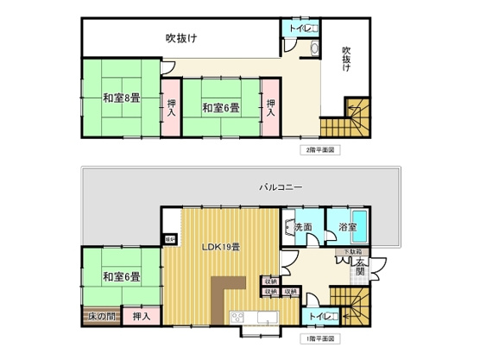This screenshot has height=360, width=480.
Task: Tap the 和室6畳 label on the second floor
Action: coord(221,108)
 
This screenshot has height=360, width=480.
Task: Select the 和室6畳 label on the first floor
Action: coord(120,277)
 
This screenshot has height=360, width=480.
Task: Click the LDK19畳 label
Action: coord(221,249)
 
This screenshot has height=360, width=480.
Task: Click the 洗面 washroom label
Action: coord(302,228)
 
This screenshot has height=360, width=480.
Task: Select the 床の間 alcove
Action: coord(101,317)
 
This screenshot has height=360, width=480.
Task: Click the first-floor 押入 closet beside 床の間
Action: coord(140,317)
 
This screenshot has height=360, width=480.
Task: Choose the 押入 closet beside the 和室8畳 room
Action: coord(171,106)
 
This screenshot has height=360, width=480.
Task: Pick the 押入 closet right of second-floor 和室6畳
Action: coord(271,106)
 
